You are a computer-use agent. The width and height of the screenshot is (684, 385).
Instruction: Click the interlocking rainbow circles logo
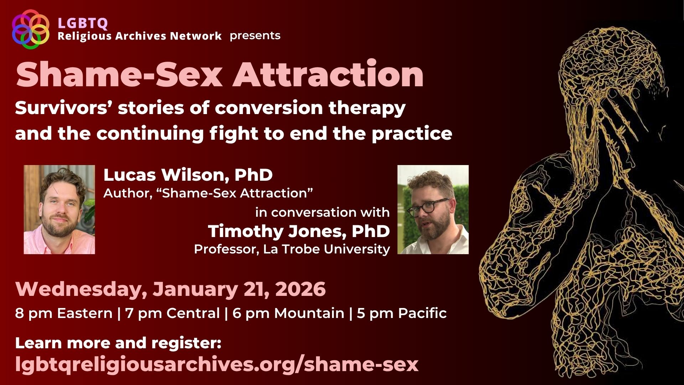click(x=30, y=29)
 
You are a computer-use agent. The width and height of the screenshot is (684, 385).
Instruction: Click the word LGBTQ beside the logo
click(x=83, y=24)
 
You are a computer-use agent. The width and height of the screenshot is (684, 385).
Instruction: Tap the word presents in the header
click(x=255, y=36)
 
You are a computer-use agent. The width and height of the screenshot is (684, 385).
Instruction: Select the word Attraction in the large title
click(x=328, y=75)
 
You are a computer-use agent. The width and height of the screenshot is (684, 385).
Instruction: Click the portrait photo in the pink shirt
click(x=59, y=210)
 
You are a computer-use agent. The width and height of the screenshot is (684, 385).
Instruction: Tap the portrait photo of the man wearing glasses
click(x=433, y=210)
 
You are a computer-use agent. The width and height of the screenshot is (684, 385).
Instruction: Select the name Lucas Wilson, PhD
click(x=188, y=175)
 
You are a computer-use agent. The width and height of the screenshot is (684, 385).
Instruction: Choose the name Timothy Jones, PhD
click(x=299, y=231)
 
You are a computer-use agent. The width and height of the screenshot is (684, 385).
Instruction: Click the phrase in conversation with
click(x=322, y=212)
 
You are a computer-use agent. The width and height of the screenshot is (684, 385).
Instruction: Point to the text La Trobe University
click(x=326, y=249)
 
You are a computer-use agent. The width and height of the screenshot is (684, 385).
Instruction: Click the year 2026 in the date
click(x=301, y=289)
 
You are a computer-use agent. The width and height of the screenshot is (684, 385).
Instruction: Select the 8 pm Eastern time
click(x=64, y=313)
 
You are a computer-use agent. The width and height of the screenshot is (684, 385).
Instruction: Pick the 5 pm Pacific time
click(x=401, y=313)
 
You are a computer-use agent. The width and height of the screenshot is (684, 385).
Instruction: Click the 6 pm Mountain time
click(x=288, y=313)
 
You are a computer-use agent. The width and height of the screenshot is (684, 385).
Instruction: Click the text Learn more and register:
click(x=118, y=343)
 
